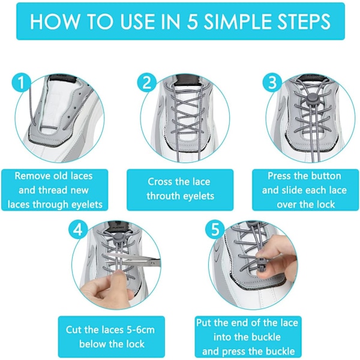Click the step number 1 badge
(x=21, y=83)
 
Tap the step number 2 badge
(x=147, y=83)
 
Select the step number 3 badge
(x=272, y=83)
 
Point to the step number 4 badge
(x=78, y=229)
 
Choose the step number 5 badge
(x=215, y=229)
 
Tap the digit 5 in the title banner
(x=192, y=22)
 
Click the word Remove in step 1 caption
(x=32, y=176)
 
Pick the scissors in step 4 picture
(x=133, y=260)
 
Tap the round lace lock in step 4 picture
(x=118, y=239)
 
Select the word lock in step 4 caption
(x=136, y=344)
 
